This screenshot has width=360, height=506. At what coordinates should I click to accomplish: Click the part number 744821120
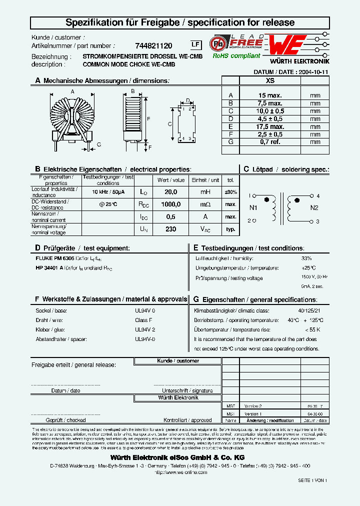pos(154,45)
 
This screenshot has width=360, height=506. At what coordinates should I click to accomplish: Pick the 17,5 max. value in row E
pos(270,126)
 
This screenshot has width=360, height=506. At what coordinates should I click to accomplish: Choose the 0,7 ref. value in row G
pos(270,142)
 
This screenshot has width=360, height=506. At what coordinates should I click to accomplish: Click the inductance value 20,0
pos(171,192)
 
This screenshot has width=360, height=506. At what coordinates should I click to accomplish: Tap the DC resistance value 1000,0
pos(171,204)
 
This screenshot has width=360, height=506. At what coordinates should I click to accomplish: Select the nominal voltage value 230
pos(171,229)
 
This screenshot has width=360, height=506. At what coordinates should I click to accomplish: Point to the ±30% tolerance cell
pos(230,192)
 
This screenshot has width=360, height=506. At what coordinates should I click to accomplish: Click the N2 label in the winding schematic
pos(314,208)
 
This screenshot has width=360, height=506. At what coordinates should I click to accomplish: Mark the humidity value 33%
pos(306,258)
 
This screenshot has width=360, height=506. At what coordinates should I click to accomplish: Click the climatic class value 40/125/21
pos(310,310)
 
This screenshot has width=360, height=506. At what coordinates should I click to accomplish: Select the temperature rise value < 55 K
pos(312,329)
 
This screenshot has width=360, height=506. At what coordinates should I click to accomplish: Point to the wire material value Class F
pos(143,320)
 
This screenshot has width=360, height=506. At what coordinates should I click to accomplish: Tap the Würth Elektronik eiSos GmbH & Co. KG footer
pos(177,457)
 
